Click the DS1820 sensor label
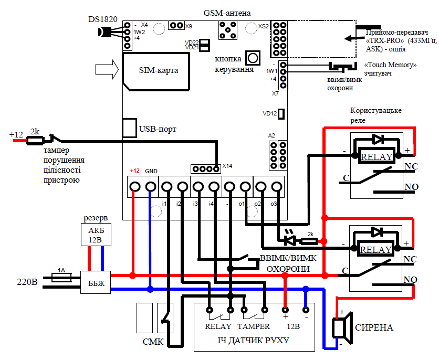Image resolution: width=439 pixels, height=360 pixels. [103, 19]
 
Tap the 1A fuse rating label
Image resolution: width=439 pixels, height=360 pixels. [61, 271]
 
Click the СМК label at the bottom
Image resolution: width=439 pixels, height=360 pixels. [153, 342]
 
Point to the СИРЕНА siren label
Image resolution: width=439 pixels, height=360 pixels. [374, 327]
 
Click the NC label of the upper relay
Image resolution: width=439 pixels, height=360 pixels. [411, 167]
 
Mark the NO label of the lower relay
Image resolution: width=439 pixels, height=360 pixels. [411, 280]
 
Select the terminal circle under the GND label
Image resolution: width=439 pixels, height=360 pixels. [151, 187]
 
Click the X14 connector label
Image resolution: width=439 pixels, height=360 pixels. [227, 166]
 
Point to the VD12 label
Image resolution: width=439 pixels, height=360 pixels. [269, 113]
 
